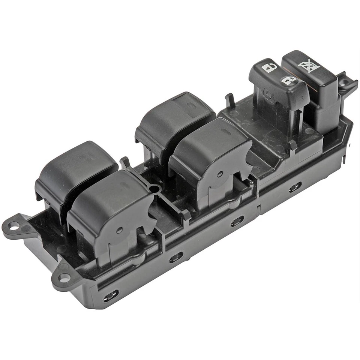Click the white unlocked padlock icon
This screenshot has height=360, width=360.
(269, 68)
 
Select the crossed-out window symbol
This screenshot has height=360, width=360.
(309, 66)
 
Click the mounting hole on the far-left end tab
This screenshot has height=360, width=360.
(13, 226)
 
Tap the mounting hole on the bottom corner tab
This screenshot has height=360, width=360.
(64, 278)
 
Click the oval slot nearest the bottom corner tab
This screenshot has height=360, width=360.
(111, 296)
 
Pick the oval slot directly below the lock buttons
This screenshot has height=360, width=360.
(295, 186)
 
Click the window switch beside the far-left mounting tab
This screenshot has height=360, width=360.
(75, 169)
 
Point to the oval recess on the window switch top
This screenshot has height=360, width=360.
(226, 132)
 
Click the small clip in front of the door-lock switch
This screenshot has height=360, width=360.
(292, 145)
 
